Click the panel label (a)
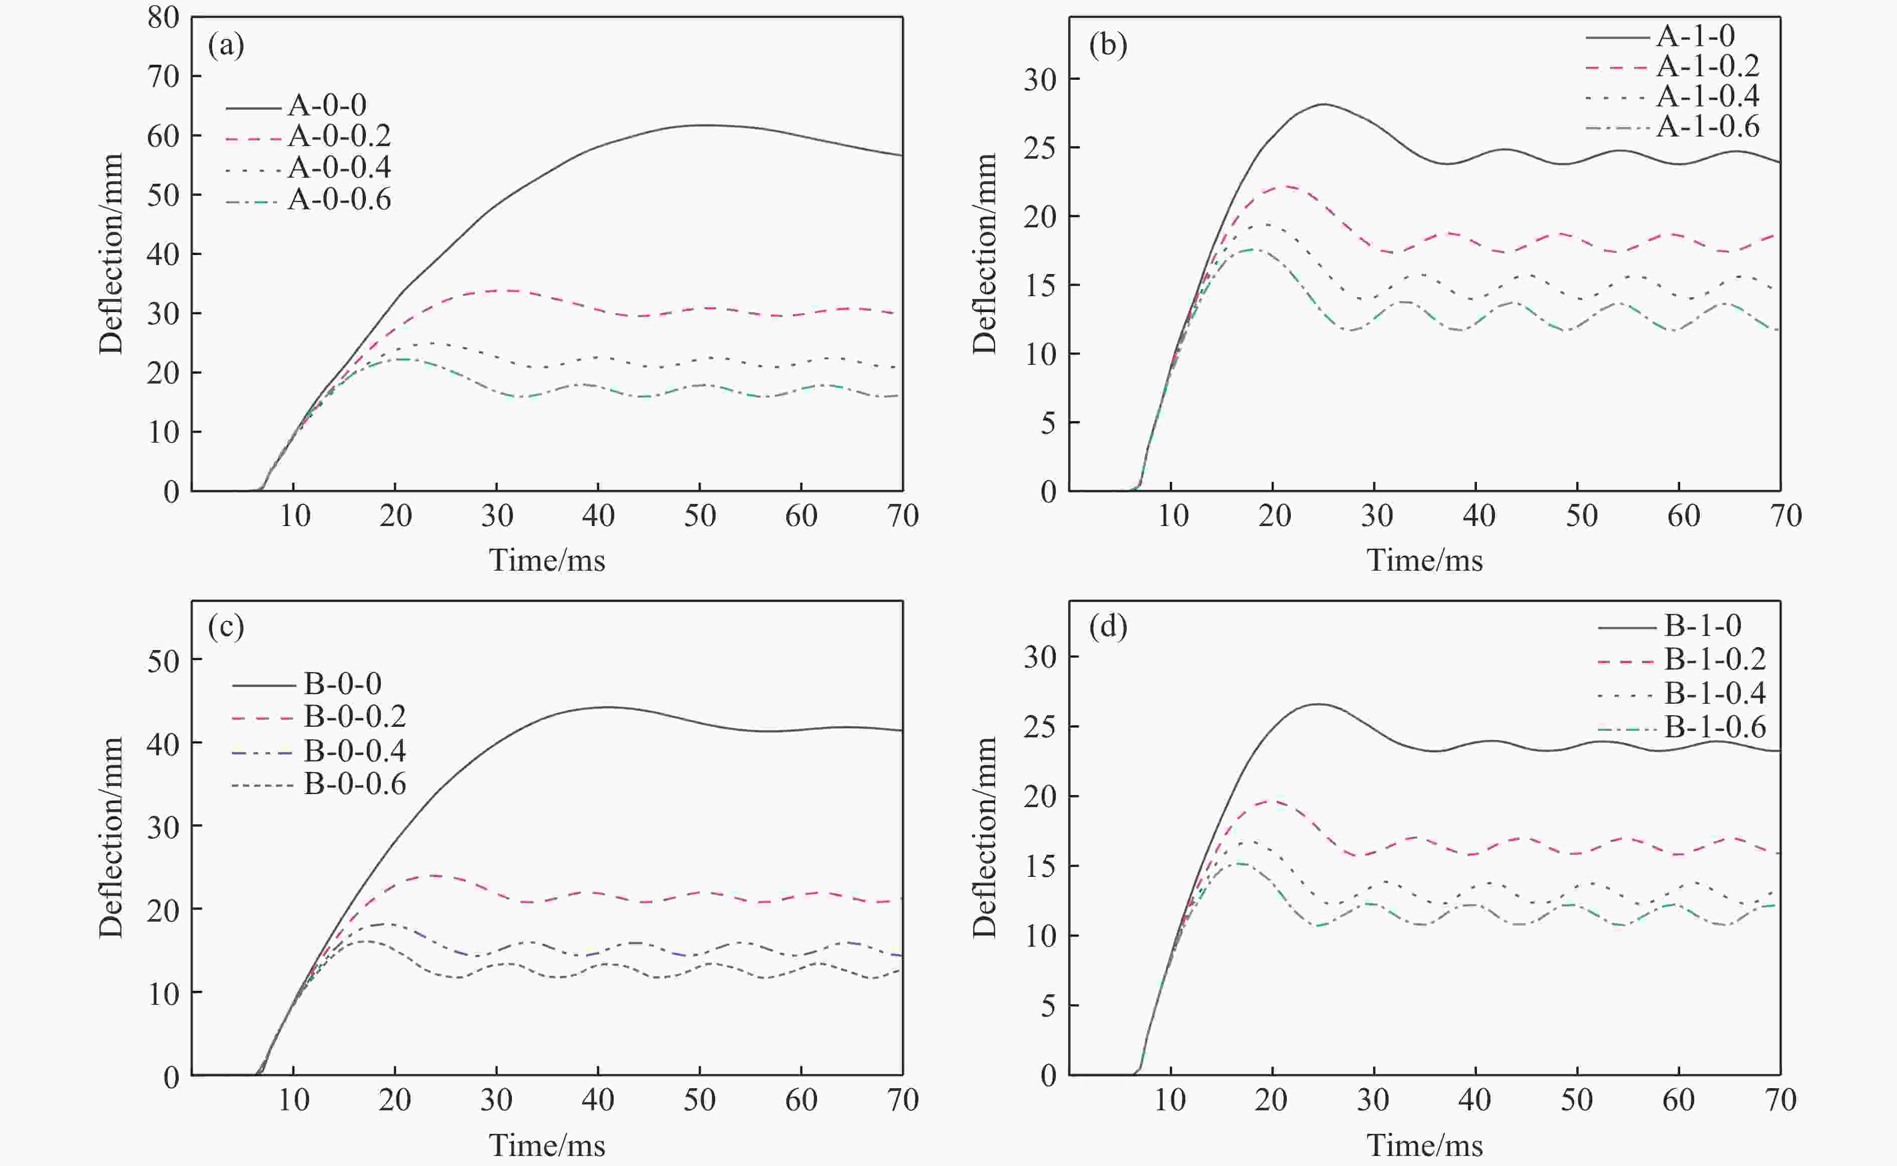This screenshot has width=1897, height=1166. tap(226, 46)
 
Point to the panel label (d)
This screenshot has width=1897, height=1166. tap(1108, 626)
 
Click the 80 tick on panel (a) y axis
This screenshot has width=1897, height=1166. tap(164, 18)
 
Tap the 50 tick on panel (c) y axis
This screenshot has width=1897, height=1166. tap(164, 661)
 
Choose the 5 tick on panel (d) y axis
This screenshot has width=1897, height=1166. tap(1047, 1005)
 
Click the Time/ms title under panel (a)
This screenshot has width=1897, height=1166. tap(547, 560)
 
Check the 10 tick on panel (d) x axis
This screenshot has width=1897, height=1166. tap(1170, 1100)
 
